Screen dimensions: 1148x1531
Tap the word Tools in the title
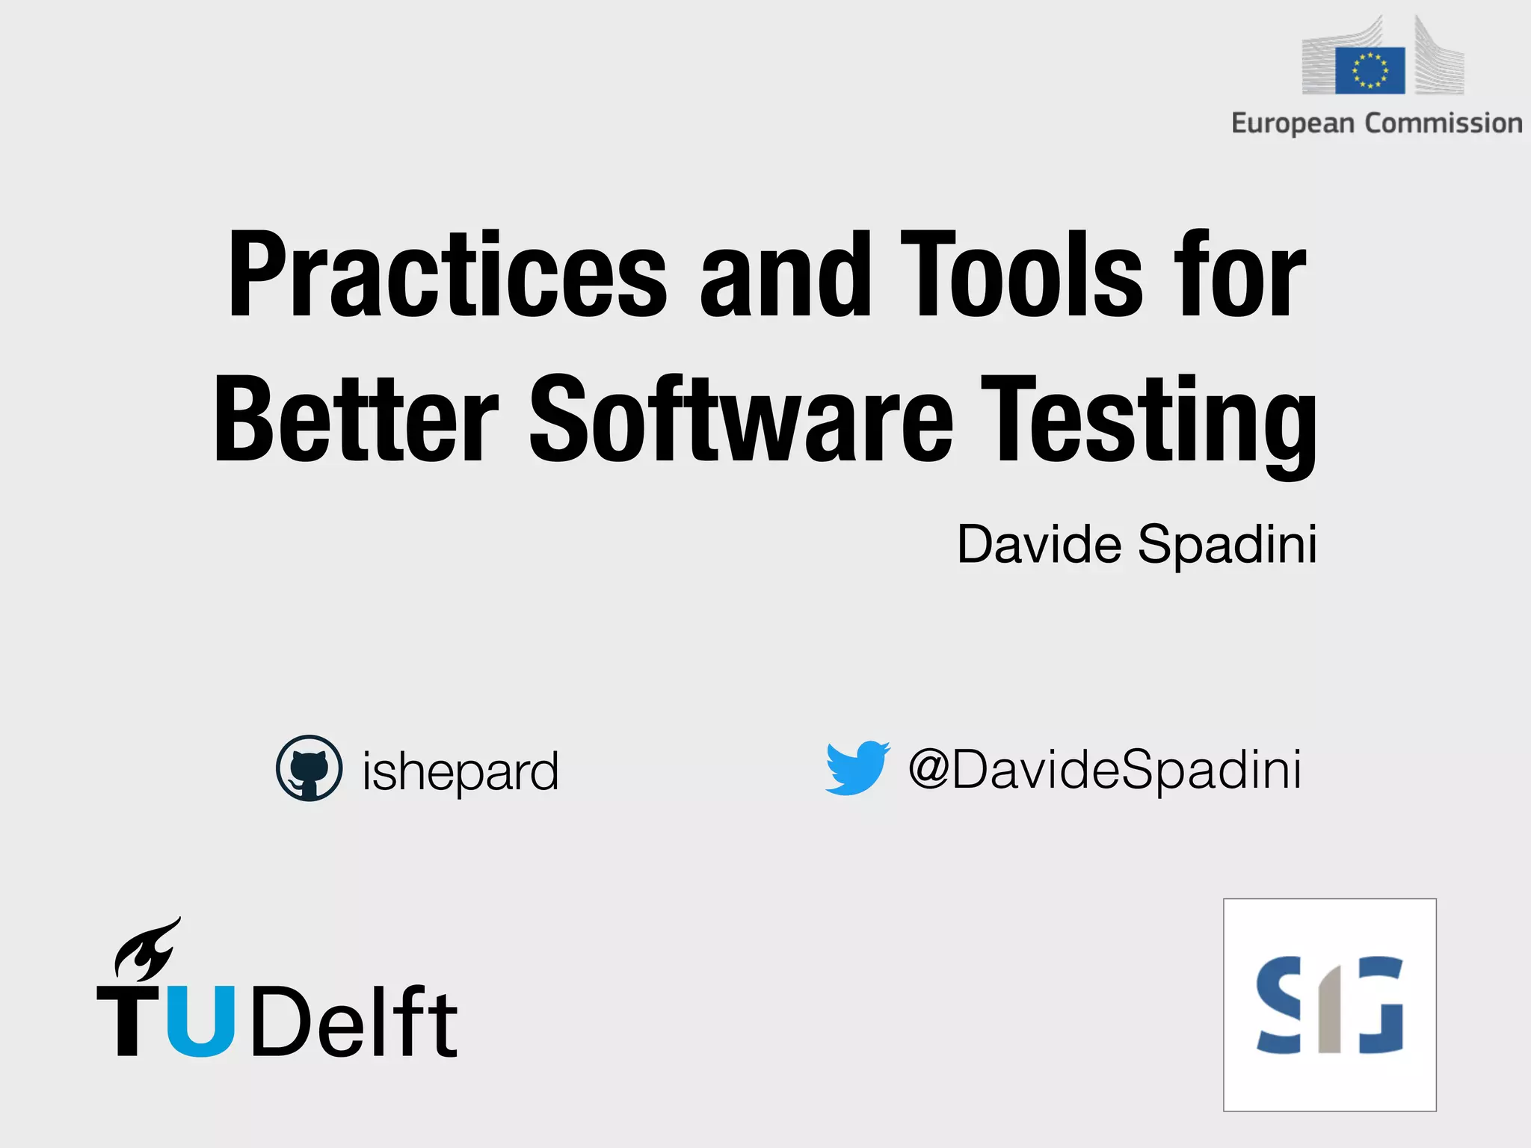1021,275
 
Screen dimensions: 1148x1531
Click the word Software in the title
741,420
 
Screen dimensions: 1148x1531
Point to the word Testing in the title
1149,423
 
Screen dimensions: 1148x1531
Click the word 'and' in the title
785,275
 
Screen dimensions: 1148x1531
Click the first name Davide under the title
1039,544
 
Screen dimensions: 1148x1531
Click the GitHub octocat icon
309,768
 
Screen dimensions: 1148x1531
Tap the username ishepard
460,771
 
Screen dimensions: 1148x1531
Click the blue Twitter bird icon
857,768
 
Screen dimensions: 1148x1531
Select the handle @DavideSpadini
1104,770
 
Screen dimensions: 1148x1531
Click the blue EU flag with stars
1370,70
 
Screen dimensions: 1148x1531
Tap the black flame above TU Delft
147,950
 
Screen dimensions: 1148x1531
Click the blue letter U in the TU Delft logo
201,1021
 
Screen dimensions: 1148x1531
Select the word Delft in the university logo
354,1022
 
